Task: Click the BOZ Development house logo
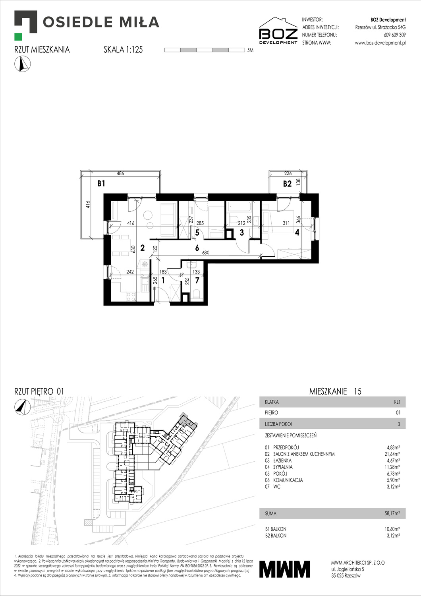pos(278,31)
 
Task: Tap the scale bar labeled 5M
pos(205,50)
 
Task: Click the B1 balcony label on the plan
pos(101,184)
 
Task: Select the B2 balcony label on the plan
pos(287,184)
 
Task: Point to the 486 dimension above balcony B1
pos(120,173)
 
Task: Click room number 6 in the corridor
pos(197,248)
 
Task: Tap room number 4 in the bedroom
pos(297,233)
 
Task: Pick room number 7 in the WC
pos(197,280)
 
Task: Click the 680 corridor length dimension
pos(205,253)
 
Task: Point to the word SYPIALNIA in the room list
pos(283,467)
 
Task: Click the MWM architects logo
pos(284,569)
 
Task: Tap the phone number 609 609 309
pos(394,35)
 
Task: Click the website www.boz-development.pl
pos(380,43)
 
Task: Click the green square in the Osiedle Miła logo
pos(18,37)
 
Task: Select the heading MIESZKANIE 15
pos(335,391)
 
